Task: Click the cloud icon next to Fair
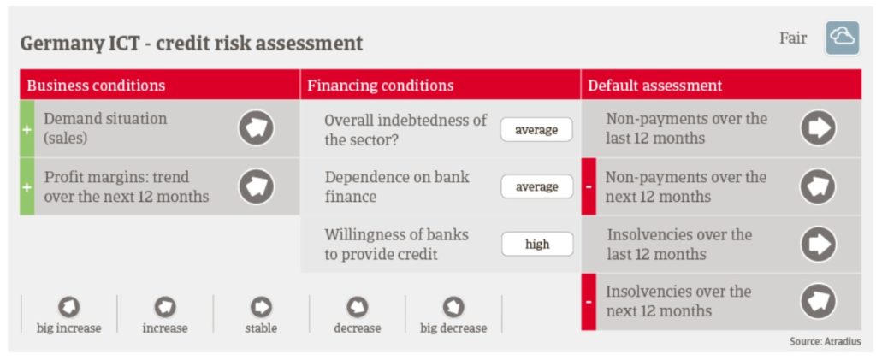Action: point(842,38)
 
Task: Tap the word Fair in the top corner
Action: point(793,38)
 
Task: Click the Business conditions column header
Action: point(96,86)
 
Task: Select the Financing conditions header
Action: point(381,86)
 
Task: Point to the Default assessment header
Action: point(654,86)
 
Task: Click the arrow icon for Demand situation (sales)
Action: point(257,127)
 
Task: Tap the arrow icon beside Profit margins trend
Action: point(257,186)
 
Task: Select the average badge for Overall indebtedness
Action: point(536,129)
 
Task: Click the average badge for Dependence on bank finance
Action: point(536,186)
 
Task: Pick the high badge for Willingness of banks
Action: point(537,244)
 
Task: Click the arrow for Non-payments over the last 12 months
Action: point(818,127)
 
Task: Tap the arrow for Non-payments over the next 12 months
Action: point(818,186)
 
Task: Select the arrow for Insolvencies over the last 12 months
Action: point(818,244)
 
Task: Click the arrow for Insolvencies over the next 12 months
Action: point(818,301)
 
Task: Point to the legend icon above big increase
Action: point(68,306)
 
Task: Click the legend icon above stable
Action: point(261,306)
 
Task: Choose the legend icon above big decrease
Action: point(453,306)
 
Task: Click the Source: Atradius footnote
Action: point(826,341)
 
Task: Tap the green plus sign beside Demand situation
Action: point(27,128)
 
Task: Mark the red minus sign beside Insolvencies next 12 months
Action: point(589,302)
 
